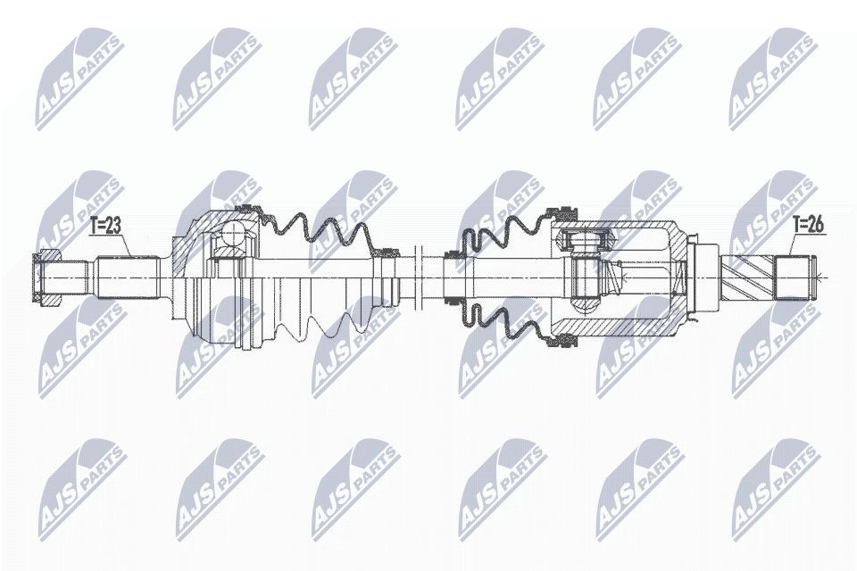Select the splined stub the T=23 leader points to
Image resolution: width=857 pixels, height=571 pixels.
pos(128,277)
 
